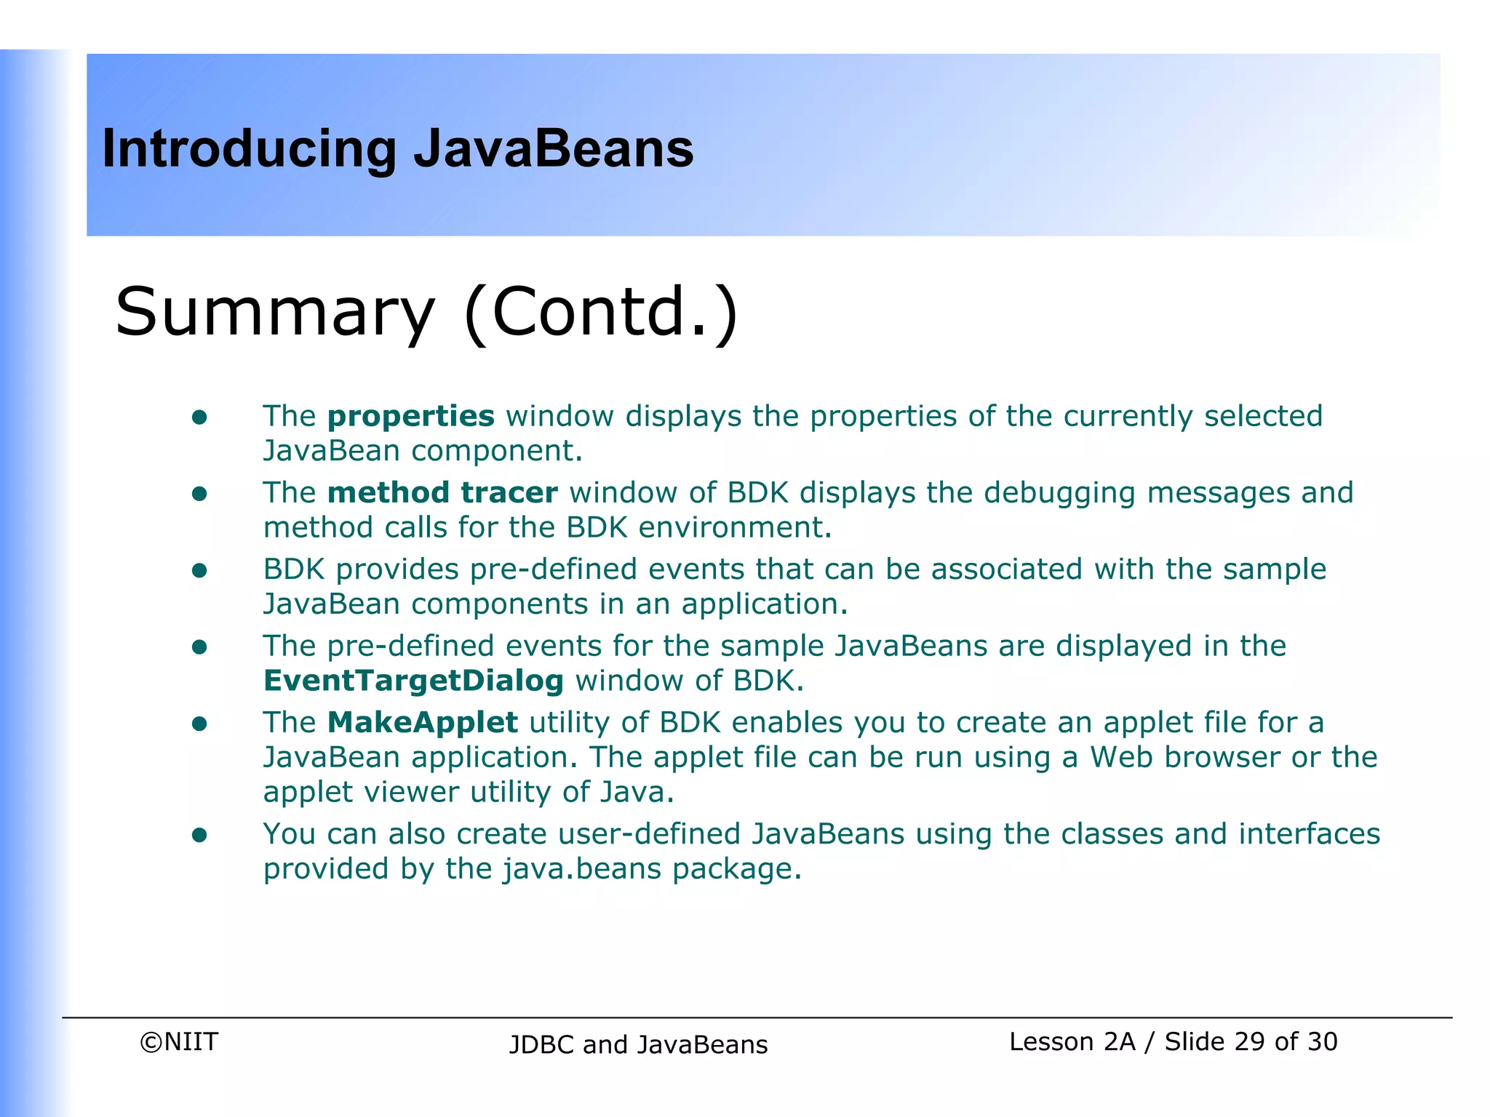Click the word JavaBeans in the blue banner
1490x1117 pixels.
tap(554, 148)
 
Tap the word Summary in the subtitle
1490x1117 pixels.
tap(274, 313)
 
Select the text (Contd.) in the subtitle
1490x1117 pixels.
tap(601, 313)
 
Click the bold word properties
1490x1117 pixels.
tap(411, 416)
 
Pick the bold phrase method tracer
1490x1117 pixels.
tap(442, 493)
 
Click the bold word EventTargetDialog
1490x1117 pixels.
tap(413, 681)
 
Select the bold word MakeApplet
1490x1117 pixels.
tap(423, 723)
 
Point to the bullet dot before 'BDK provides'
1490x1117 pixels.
tap(199, 570)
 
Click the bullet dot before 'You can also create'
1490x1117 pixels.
tap(199, 835)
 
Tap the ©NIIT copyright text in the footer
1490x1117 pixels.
tap(179, 1041)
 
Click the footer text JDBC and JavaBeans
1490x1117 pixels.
tap(638, 1044)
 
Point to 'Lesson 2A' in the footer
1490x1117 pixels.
tap(1072, 1041)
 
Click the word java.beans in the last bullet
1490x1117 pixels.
tap(582, 869)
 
